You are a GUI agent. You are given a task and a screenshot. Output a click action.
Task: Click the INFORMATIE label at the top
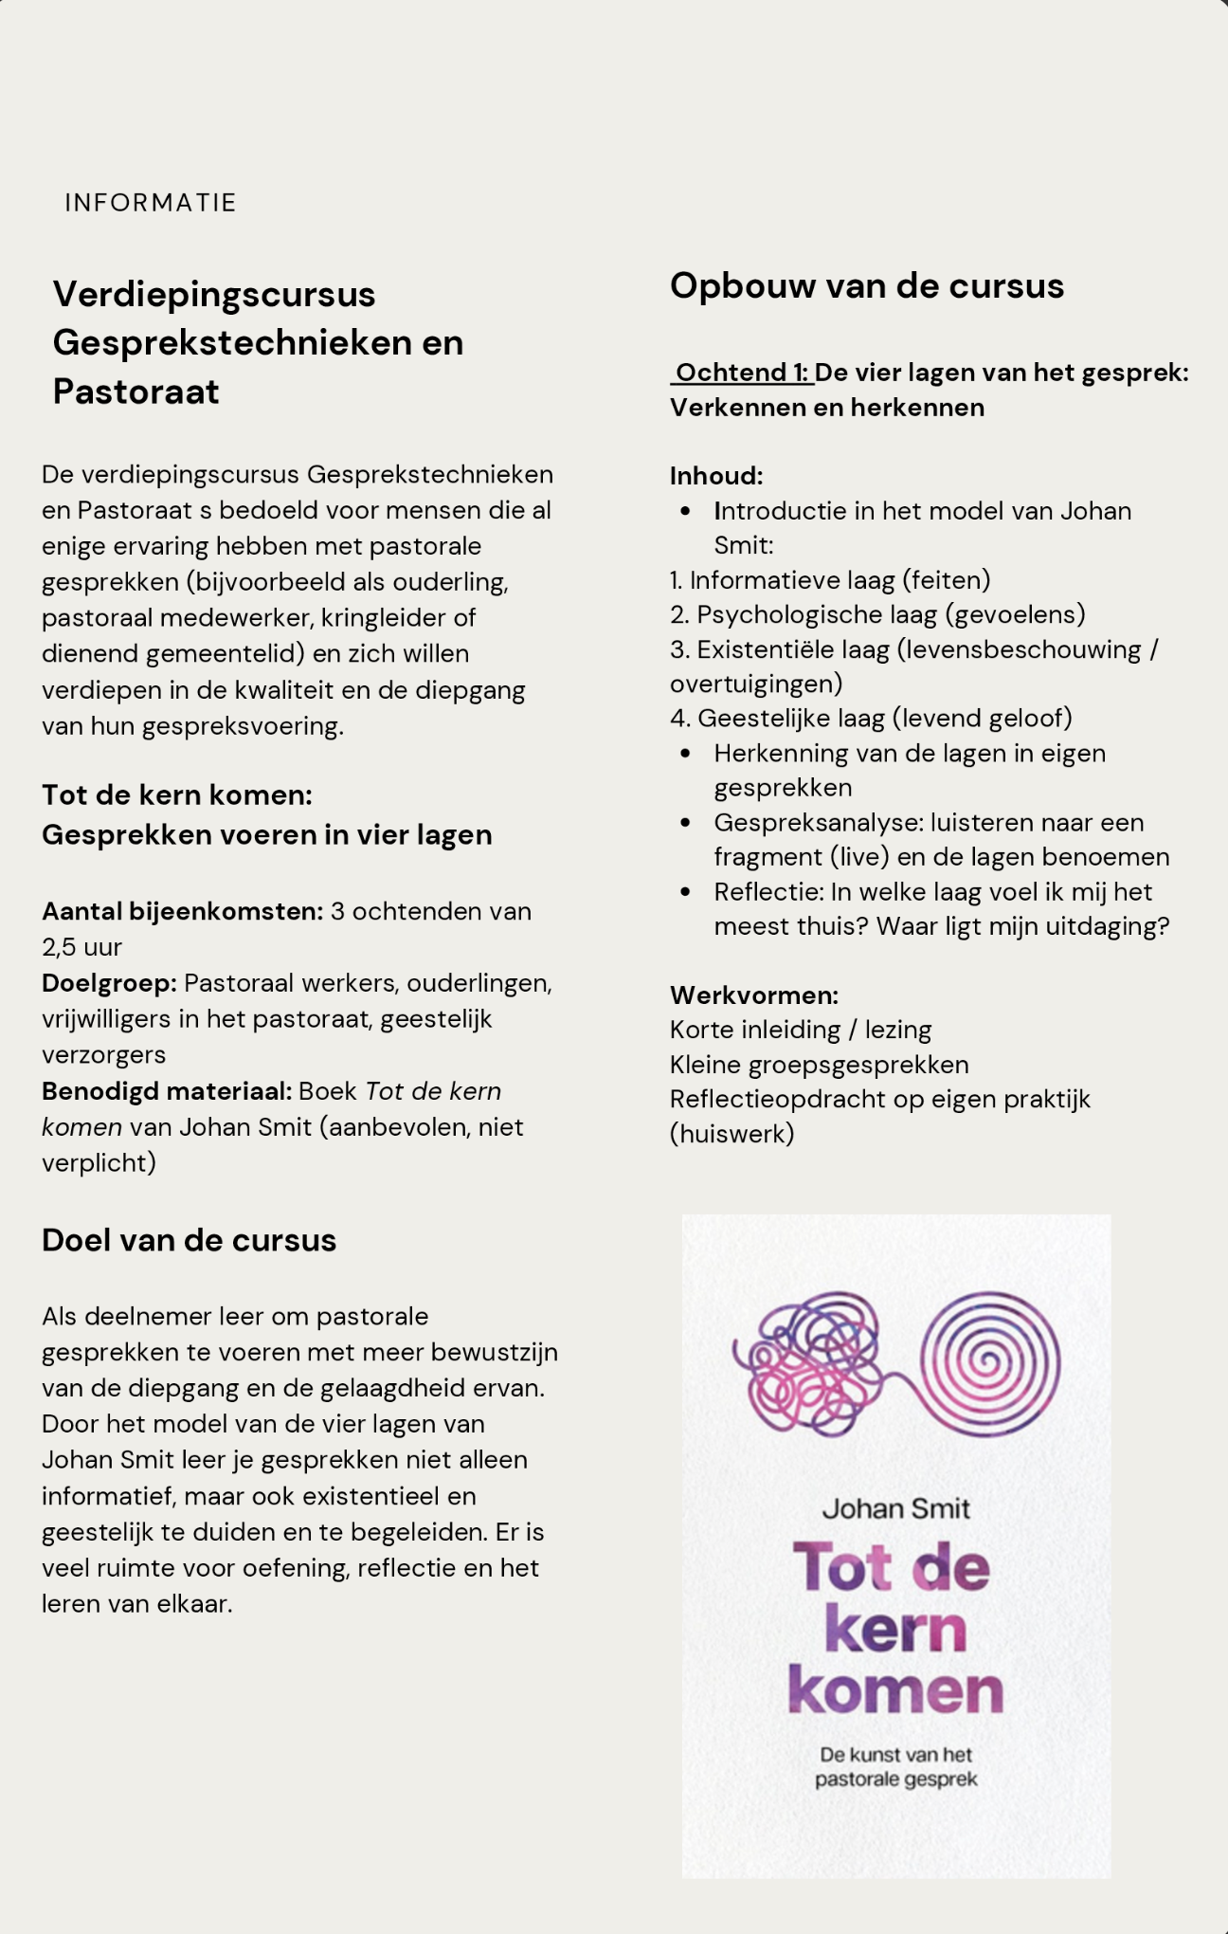[150, 202]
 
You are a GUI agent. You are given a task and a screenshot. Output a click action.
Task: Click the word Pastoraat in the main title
[135, 392]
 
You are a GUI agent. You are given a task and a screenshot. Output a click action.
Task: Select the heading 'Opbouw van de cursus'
[866, 285]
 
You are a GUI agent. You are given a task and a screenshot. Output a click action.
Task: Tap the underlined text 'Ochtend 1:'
[743, 373]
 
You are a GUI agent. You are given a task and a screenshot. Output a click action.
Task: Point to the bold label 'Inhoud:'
[715, 475]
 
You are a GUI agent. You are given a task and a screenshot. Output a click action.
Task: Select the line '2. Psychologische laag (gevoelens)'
[877, 614]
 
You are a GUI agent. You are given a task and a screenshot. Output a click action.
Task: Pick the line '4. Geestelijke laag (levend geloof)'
[871, 718]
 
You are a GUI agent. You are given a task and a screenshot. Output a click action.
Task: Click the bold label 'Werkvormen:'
[753, 994]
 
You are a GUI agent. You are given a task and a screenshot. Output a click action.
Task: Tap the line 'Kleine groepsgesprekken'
[819, 1064]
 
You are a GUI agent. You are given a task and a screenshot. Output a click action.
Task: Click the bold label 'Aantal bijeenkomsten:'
[182, 911]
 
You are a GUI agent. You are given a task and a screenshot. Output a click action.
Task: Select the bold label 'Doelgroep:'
[109, 982]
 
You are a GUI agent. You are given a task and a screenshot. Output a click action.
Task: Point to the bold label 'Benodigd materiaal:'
[166, 1090]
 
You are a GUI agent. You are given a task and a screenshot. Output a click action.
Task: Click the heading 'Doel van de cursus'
[189, 1240]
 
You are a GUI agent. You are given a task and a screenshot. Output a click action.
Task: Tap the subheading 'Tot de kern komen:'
[176, 794]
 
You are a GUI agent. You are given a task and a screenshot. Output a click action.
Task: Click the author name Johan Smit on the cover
[895, 1508]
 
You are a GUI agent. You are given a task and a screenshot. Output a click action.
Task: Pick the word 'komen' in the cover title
[895, 1690]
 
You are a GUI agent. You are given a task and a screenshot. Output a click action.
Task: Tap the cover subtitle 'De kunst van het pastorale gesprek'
[895, 1767]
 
